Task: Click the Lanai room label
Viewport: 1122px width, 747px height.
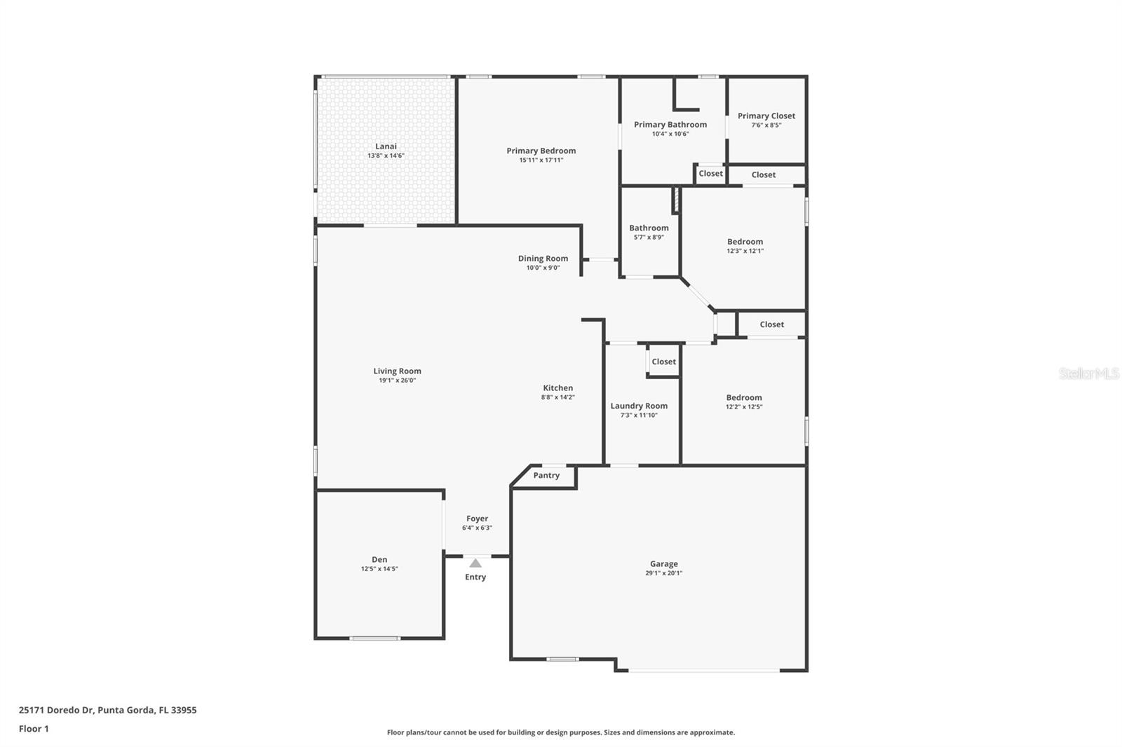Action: pos(386,146)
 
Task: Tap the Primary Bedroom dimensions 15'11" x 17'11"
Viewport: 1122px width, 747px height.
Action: pos(541,160)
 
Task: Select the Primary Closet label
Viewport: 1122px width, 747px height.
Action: pos(766,116)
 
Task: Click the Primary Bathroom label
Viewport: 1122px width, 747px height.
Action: pos(670,125)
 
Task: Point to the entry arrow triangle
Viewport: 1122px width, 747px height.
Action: pos(475,563)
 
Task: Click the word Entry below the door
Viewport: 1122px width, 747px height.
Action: pos(475,577)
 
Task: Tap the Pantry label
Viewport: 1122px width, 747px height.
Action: pos(546,475)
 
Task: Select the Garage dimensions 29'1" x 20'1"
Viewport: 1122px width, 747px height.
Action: pos(663,573)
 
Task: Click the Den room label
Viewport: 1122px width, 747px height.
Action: pos(379,559)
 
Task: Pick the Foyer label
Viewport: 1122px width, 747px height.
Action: pos(477,519)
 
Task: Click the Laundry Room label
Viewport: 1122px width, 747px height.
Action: pos(639,406)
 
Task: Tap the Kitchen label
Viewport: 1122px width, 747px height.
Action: pos(557,388)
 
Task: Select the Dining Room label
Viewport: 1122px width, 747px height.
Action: pos(543,259)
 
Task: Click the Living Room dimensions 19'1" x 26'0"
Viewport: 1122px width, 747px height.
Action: pos(397,381)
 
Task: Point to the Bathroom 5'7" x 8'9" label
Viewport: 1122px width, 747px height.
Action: pos(649,228)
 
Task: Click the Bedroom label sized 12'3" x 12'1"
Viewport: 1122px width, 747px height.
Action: pos(745,242)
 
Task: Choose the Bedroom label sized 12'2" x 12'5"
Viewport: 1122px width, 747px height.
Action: pos(744,397)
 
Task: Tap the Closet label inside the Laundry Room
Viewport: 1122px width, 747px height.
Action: pos(663,362)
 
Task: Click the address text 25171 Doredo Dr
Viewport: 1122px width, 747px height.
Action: pos(56,710)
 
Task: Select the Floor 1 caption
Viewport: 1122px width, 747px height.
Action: pos(34,729)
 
